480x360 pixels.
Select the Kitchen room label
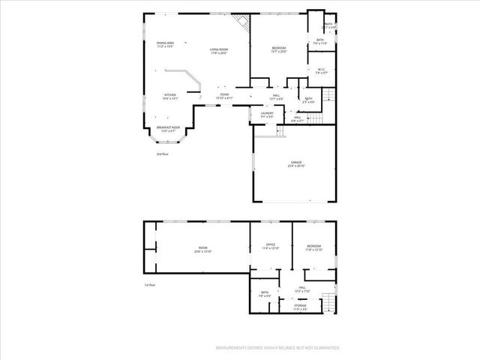tap(170, 96)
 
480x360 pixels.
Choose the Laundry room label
tap(267, 114)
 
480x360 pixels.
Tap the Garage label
tap(296, 163)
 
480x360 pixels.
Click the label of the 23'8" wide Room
tap(202, 250)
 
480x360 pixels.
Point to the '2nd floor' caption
tap(162, 154)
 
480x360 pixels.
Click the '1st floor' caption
tap(149, 285)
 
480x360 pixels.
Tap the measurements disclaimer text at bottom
tap(277, 348)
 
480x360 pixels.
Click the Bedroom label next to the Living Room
tap(279, 50)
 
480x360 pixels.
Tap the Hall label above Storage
tap(302, 289)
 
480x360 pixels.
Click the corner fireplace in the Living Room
tap(242, 21)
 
